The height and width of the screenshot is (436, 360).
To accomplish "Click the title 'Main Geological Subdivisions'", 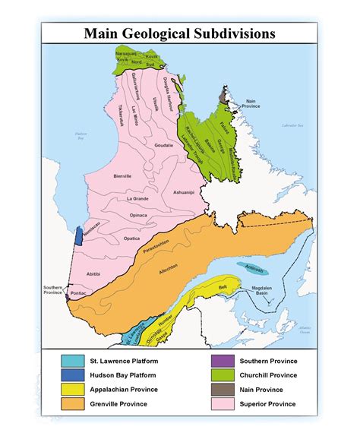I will tap(179, 33).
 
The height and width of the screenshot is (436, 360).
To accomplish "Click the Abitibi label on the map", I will tap(93, 274).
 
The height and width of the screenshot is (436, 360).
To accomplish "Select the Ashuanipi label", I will tap(187, 194).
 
